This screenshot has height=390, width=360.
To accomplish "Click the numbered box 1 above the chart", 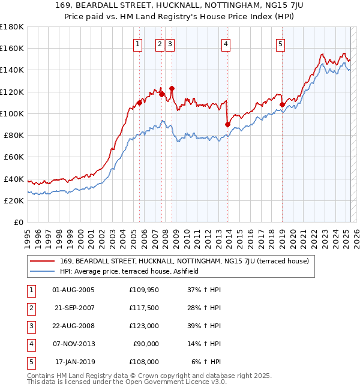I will click(x=138, y=43).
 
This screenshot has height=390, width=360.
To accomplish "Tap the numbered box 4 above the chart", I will click(x=226, y=43).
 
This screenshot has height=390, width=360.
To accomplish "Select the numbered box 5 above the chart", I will click(x=281, y=43).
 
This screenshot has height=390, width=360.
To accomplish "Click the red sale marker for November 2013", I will click(x=228, y=125).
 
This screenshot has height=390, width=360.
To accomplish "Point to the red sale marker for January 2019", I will click(x=282, y=104).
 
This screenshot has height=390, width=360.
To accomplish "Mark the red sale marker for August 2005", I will click(x=139, y=103).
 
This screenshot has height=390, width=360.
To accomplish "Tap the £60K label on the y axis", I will click(x=14, y=157).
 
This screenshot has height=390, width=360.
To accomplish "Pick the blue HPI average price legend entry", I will click(x=133, y=271).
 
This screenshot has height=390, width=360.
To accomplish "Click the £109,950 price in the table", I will click(x=144, y=290).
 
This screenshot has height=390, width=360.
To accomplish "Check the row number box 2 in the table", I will click(x=30, y=308).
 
